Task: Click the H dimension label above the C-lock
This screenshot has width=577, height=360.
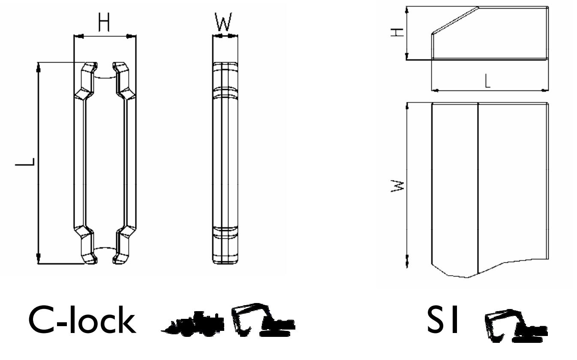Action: [x=104, y=22]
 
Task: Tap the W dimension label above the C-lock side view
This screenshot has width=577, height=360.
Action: [x=223, y=22]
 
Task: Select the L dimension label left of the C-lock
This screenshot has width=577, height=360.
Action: [x=25, y=162]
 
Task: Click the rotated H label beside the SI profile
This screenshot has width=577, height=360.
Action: [x=397, y=33]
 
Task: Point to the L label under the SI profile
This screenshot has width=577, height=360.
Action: [x=487, y=81]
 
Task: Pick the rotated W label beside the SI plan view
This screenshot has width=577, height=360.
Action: [x=397, y=186]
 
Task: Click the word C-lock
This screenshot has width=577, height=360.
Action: [x=82, y=320]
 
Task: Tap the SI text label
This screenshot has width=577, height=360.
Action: [x=442, y=320]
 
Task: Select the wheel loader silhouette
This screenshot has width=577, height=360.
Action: [x=192, y=324]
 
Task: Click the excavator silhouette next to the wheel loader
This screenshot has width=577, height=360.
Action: [x=263, y=320]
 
